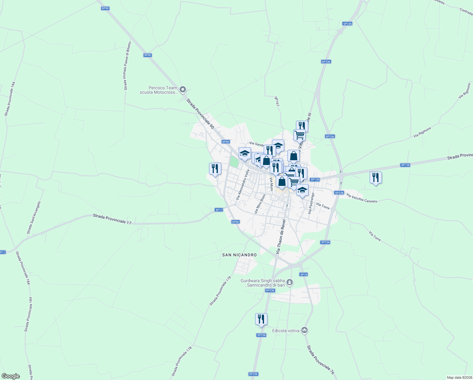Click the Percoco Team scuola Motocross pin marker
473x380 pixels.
click(x=183, y=90)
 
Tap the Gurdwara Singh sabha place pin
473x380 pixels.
click(x=290, y=282)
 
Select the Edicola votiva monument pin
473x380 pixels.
click(x=304, y=330)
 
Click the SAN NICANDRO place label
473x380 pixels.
click(x=239, y=255)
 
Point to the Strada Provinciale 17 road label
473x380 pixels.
click(x=112, y=219)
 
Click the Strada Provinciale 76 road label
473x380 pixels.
click(x=320, y=360)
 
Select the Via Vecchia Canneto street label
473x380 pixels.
click(x=362, y=198)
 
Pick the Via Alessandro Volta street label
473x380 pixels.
click(x=243, y=184)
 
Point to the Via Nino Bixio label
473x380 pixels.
click(x=260, y=204)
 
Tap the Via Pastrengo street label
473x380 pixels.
click(x=311, y=203)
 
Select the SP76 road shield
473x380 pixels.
click(x=304, y=275)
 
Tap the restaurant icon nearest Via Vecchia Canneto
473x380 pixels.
click(x=376, y=178)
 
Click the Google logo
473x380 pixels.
click(x=11, y=376)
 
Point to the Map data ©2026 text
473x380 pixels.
click(x=459, y=377)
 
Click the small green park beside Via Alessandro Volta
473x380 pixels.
click(x=234, y=162)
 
